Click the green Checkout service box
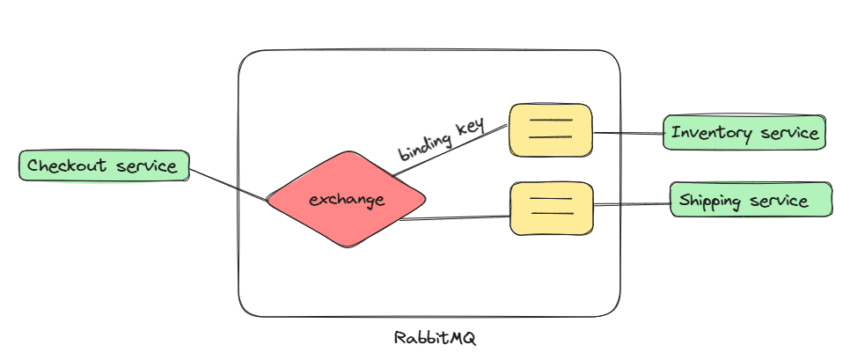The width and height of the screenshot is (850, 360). [x=104, y=165]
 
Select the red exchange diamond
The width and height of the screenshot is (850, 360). [x=347, y=199]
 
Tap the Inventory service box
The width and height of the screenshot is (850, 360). [x=744, y=133]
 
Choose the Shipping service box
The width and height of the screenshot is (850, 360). [x=751, y=201]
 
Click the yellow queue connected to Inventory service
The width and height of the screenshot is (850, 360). [x=551, y=130]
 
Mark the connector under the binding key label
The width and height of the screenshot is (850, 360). [x=449, y=152]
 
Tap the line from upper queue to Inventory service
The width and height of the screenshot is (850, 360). [x=628, y=134]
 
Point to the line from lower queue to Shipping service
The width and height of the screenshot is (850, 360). [x=632, y=205]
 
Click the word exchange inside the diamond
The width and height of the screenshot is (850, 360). [x=347, y=200]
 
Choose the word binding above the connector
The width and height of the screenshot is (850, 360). [x=424, y=146]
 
